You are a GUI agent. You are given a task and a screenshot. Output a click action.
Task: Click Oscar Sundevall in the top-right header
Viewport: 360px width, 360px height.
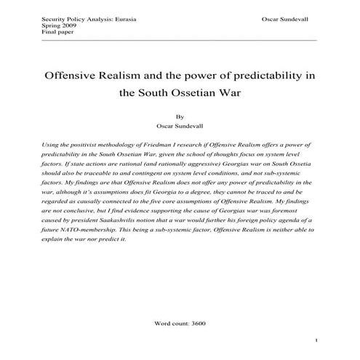pos(284,16)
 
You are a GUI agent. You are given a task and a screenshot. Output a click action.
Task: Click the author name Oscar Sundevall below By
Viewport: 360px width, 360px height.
pos(180,125)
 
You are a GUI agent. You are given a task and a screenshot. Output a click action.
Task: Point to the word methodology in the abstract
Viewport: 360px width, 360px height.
pos(124,146)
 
